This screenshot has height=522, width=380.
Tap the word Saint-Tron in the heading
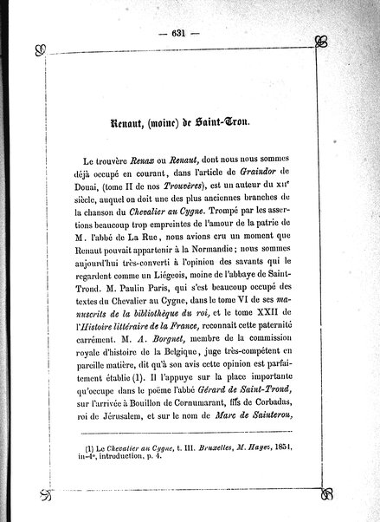coord(221,124)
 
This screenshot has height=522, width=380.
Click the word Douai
coord(74,191)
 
